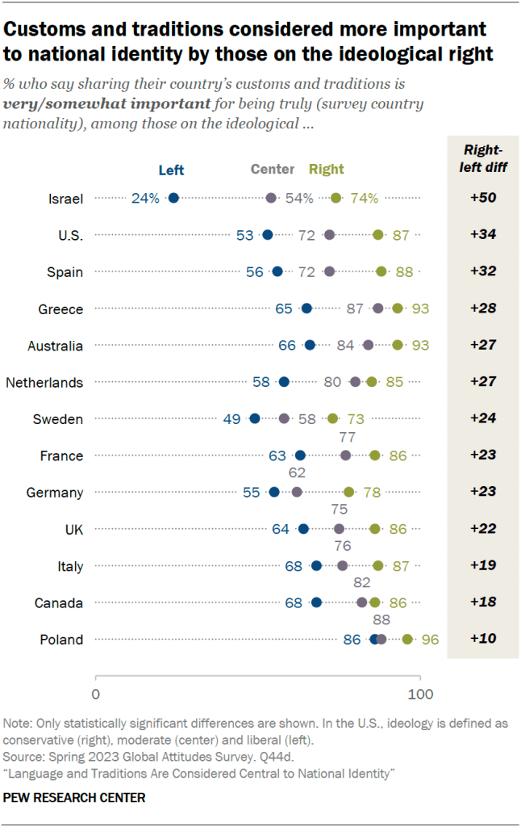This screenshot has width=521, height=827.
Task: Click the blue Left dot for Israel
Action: pos(173,198)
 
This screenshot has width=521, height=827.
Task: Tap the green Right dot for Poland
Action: pos(407,640)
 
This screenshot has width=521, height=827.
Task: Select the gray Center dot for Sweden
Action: pos(284,418)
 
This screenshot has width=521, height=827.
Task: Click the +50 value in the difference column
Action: pos(481,198)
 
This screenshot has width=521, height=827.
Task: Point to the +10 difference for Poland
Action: pos(481,640)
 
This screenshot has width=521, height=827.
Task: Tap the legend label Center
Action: pos(273,170)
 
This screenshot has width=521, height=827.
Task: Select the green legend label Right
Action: pos(327,170)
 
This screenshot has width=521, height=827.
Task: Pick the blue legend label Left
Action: pos(171,170)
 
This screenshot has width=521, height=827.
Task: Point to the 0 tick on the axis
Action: pos(96,694)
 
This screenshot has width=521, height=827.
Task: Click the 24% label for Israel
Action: pos(146,198)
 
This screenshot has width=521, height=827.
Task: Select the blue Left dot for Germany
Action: pos(274,492)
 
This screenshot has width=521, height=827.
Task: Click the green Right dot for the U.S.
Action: pos(378,235)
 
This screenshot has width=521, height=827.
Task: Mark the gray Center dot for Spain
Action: pos(329,271)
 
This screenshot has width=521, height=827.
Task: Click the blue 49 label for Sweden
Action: pos(232,418)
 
